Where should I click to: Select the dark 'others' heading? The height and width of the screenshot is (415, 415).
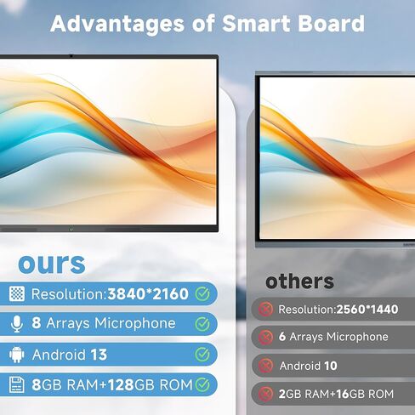tap(299, 281)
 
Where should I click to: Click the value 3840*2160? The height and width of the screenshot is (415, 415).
tap(147, 294)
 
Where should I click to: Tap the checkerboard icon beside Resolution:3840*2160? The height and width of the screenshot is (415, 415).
tap(17, 294)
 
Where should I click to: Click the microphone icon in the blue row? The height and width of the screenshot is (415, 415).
tap(17, 324)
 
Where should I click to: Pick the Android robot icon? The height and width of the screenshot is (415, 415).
tap(17, 354)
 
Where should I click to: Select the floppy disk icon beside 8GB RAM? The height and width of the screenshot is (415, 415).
tap(17, 384)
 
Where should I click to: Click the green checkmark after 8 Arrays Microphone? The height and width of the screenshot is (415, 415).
tap(202, 324)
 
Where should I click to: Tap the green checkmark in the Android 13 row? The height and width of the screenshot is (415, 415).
tap(202, 354)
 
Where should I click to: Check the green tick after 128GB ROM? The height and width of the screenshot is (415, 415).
tap(202, 384)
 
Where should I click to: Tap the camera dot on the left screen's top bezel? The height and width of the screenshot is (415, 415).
tap(70, 56)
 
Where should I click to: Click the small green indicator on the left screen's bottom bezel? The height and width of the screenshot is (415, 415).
tap(72, 227)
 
